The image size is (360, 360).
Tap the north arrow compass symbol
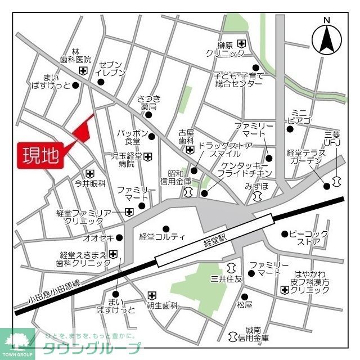click(327, 38)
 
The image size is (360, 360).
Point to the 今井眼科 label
click(90, 183)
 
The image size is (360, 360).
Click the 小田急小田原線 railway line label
click(56, 289)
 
